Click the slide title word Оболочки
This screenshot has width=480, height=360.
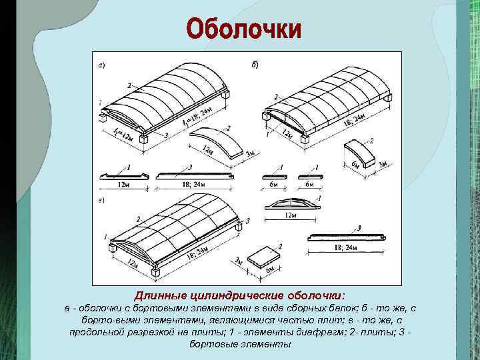point(243,30)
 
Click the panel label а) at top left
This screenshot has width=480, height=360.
point(101,65)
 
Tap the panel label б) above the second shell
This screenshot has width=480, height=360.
point(255,65)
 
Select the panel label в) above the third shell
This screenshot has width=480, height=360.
point(101,199)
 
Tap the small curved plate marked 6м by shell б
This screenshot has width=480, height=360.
point(360,150)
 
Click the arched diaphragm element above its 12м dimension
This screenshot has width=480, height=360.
point(291,203)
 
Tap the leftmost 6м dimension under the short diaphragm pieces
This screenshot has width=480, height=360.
point(275,184)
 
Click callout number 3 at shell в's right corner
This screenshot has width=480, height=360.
point(247,221)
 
